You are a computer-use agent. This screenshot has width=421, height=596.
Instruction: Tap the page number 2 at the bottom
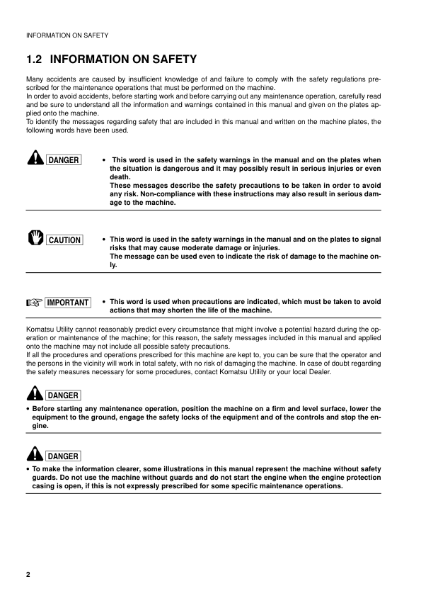coord(28,573)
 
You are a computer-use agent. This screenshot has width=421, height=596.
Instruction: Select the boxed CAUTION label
coord(64,240)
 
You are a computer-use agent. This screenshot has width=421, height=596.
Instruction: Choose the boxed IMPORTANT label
coord(67,303)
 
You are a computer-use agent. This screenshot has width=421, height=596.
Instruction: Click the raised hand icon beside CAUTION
coord(33,239)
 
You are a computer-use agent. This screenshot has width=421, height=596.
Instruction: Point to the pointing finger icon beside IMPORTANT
coord(33,303)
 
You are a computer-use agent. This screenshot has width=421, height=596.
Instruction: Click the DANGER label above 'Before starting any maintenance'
coord(63,395)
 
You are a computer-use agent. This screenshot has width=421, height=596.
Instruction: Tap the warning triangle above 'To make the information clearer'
coord(33,454)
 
